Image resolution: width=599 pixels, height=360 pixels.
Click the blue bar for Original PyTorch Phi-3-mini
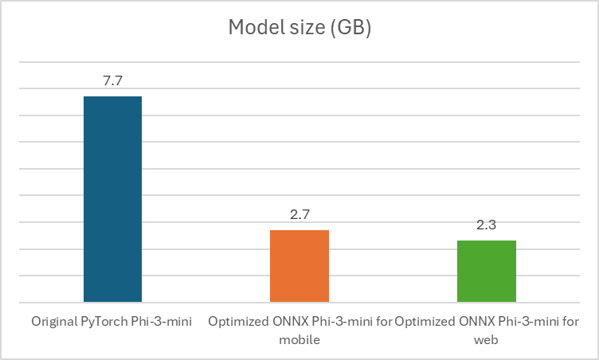point(112,199)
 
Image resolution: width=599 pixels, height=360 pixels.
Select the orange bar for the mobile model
point(299,266)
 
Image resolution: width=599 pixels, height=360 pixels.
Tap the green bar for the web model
point(486,271)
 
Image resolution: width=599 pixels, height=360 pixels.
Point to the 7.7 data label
point(112,82)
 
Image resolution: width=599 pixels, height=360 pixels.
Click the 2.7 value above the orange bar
point(299,216)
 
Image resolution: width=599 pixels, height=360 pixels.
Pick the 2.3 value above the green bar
point(486,226)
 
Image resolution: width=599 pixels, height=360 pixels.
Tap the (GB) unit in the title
point(351,28)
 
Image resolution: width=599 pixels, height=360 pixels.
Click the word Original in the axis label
point(53,323)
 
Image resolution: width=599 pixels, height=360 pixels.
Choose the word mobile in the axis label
point(299,339)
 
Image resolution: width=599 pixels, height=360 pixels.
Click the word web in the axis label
point(486,339)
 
